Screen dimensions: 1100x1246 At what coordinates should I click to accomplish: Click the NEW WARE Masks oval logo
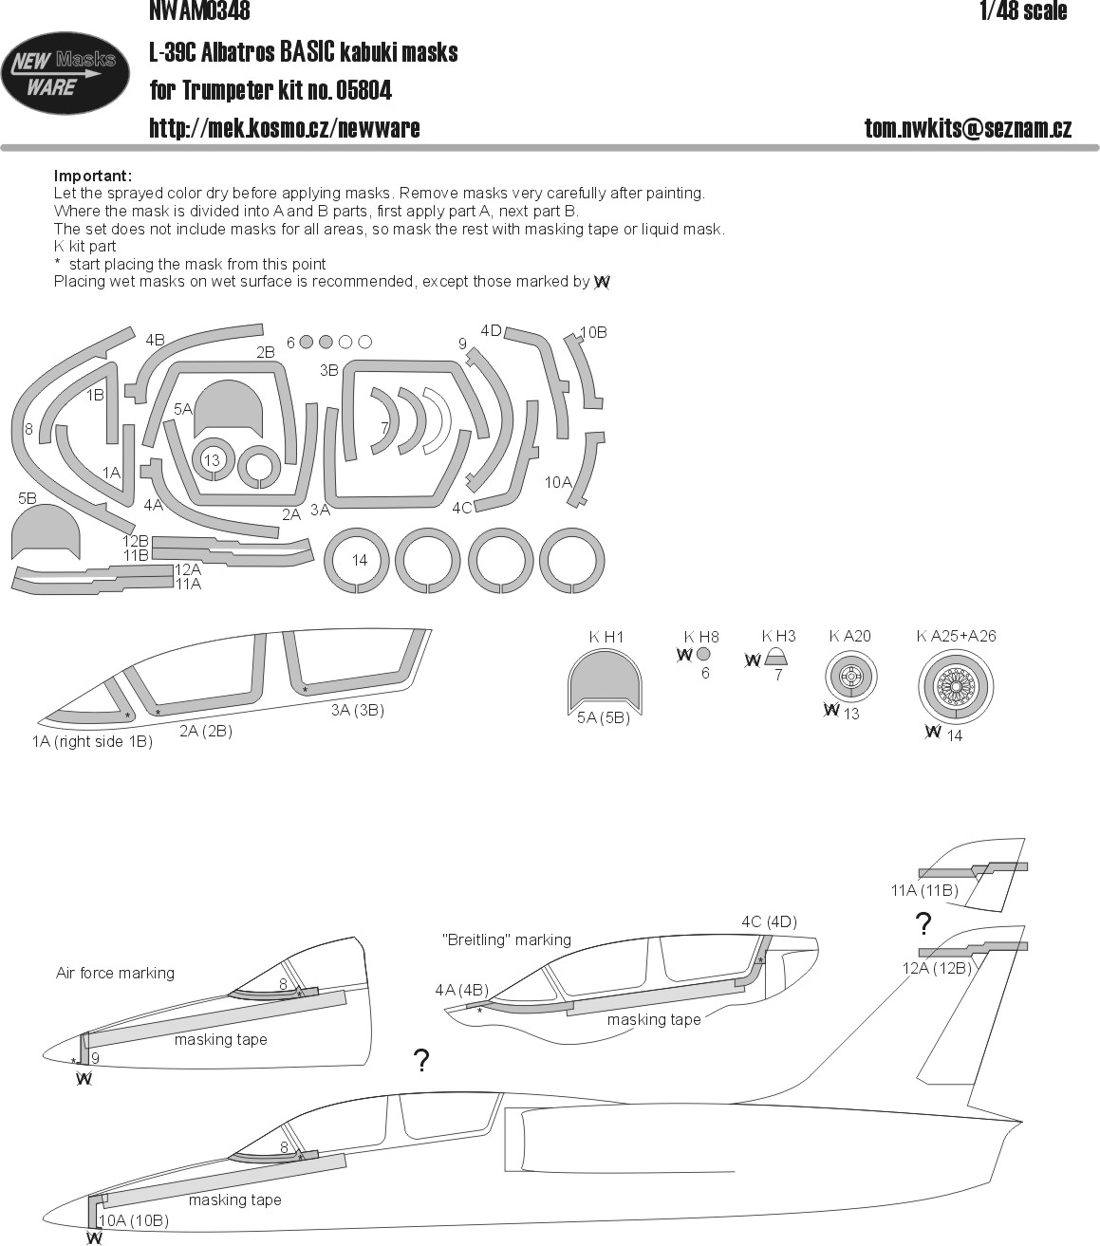point(65,73)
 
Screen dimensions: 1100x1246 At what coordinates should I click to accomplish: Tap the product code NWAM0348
point(199,10)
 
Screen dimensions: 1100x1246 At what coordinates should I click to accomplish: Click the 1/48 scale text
point(1023,10)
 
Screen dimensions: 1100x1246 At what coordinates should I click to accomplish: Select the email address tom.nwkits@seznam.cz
point(968,128)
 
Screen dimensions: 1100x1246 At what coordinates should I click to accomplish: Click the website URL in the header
point(285,128)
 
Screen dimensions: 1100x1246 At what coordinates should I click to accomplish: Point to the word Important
point(92,176)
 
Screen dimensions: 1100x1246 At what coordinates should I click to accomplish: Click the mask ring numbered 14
point(357,560)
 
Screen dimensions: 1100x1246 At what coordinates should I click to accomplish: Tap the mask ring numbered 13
point(212,459)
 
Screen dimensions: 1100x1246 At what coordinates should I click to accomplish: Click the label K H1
point(606,637)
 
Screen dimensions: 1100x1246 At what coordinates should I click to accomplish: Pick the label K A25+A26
point(956,636)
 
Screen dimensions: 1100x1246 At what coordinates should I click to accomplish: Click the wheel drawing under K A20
point(850,678)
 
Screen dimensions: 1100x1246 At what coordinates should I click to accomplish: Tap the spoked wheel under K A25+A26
point(956,685)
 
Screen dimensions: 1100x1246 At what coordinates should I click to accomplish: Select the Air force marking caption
point(115,974)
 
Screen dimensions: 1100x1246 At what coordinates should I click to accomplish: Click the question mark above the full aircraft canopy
point(421,1061)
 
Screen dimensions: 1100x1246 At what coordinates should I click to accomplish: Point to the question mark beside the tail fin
point(923,923)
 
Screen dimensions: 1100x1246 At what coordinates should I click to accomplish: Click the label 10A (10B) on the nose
point(134,1220)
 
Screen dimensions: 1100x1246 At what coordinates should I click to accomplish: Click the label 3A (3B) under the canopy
point(358,711)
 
